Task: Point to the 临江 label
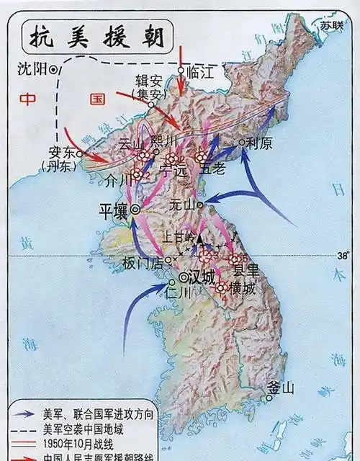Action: (x=200, y=72)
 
